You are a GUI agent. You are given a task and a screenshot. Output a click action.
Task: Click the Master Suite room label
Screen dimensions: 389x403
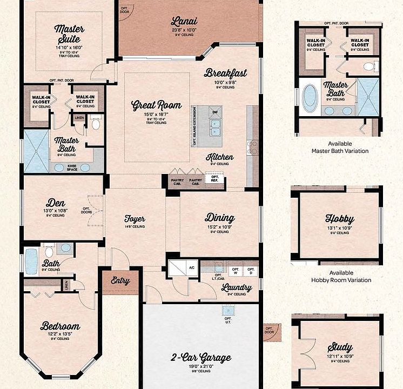click(69, 33)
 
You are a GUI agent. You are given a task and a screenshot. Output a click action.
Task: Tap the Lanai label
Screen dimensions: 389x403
click(184, 22)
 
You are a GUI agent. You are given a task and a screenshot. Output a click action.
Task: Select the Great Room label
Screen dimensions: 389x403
click(157, 105)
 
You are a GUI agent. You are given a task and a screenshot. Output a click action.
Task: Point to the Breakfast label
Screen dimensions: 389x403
click(225, 73)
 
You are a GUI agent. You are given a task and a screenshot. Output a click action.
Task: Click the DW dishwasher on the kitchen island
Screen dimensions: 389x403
click(215, 112)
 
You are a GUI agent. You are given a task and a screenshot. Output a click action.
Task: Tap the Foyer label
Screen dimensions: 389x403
click(135, 219)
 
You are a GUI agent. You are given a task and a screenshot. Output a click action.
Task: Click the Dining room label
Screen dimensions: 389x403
click(220, 218)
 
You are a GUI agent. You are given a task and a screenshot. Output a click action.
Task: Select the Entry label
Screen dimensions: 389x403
click(120, 280)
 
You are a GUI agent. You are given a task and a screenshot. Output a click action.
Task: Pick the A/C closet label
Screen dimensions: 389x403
click(191, 267)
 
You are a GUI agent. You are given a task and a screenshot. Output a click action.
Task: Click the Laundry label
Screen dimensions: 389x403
click(237, 287)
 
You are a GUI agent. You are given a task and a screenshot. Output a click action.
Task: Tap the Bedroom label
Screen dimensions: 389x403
click(60, 326)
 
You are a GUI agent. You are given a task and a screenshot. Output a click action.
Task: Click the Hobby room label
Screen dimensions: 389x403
click(339, 219)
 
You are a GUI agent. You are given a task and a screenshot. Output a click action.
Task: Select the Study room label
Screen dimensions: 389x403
click(339, 347)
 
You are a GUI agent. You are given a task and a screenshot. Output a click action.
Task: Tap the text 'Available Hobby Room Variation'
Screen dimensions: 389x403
click(341, 277)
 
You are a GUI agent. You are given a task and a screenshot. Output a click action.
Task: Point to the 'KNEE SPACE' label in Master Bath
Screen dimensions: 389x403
click(72, 167)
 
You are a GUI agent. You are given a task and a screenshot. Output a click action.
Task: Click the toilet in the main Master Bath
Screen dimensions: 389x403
click(96, 125)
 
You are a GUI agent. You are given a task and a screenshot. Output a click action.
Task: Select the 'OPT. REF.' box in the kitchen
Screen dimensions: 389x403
click(215, 179)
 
